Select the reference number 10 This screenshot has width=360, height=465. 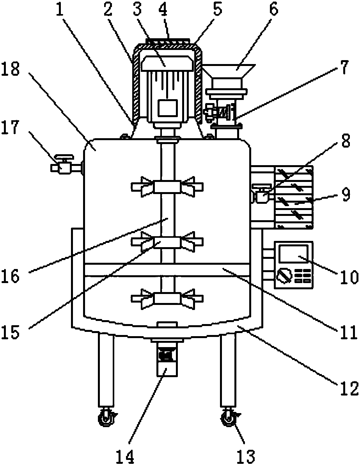click(x=349, y=277)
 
